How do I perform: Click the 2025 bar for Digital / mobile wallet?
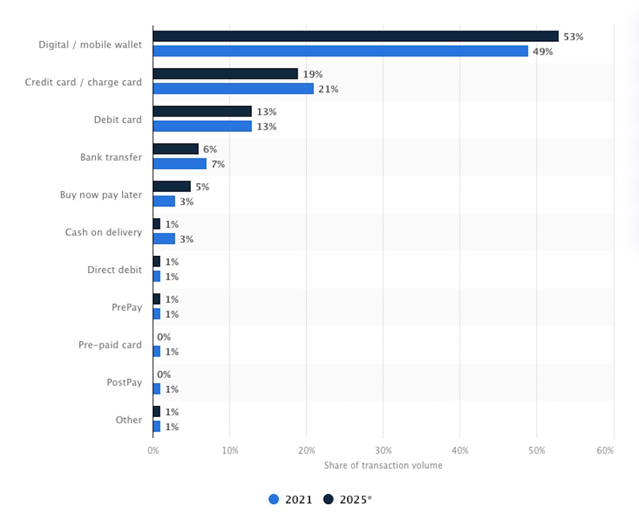(355, 36)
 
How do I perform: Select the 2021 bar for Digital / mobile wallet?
(340, 51)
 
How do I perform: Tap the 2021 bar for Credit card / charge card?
(233, 89)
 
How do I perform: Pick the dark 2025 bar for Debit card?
(202, 112)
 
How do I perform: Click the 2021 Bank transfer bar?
(180, 164)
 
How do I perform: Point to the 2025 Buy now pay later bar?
(172, 186)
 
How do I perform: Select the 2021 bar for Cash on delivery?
(164, 239)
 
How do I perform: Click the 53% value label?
(573, 36)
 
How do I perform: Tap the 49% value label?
(542, 51)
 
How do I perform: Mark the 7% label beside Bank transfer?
(217, 164)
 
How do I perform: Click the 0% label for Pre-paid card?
(164, 337)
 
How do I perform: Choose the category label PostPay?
(124, 382)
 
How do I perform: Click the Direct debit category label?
(114, 269)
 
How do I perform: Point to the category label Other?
(129, 419)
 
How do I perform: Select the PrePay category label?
(126, 307)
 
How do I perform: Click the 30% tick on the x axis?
(383, 451)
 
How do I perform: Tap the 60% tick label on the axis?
(605, 451)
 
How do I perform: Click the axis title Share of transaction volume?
(383, 466)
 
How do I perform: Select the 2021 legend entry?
(291, 500)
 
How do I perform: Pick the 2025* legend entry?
(348, 500)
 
